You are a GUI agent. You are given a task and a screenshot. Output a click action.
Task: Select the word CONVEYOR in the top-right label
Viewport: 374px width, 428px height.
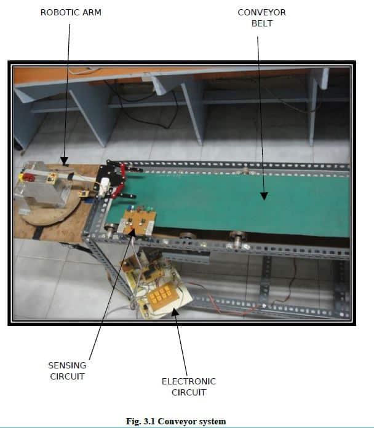[x=261, y=12]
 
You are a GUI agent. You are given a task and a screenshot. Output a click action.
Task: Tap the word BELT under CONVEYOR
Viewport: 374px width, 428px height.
[x=262, y=23]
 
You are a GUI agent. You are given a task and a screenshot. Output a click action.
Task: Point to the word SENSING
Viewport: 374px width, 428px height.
[x=67, y=365]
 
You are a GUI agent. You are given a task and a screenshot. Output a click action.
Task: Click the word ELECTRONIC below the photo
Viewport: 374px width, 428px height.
[x=189, y=381]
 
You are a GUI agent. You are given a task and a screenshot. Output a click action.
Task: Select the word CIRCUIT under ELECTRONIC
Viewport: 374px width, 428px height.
[x=189, y=392]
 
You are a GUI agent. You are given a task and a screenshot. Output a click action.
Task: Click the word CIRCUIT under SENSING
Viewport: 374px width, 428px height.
[x=67, y=376]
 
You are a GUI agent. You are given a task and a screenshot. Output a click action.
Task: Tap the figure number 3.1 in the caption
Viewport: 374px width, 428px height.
[x=149, y=421]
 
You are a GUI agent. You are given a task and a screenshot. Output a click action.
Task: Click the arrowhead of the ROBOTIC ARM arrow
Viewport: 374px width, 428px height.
[x=64, y=161]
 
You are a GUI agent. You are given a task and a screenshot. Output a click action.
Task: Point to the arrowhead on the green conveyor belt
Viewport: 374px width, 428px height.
[x=264, y=196]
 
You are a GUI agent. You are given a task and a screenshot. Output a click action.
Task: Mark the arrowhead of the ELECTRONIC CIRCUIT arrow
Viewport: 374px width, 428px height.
[x=175, y=312]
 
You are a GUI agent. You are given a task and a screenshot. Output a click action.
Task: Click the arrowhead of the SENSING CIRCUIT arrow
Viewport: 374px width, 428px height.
[x=132, y=233]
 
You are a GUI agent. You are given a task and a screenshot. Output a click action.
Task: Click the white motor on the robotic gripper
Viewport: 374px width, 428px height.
[x=104, y=187]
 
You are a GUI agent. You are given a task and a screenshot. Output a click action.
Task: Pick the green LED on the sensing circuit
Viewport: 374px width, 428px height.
[x=149, y=209]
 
